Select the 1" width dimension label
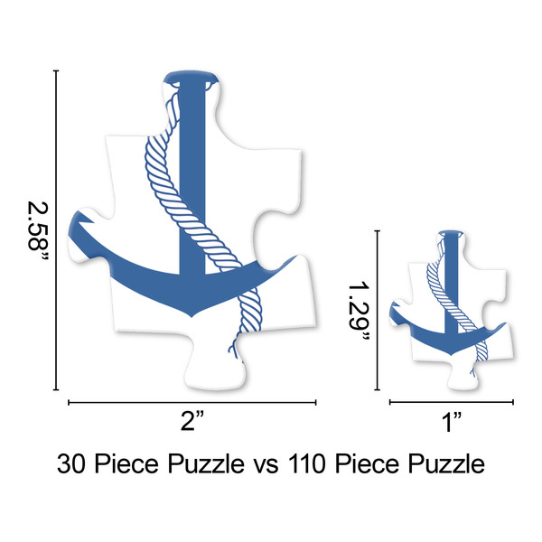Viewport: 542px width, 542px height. point(451,420)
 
